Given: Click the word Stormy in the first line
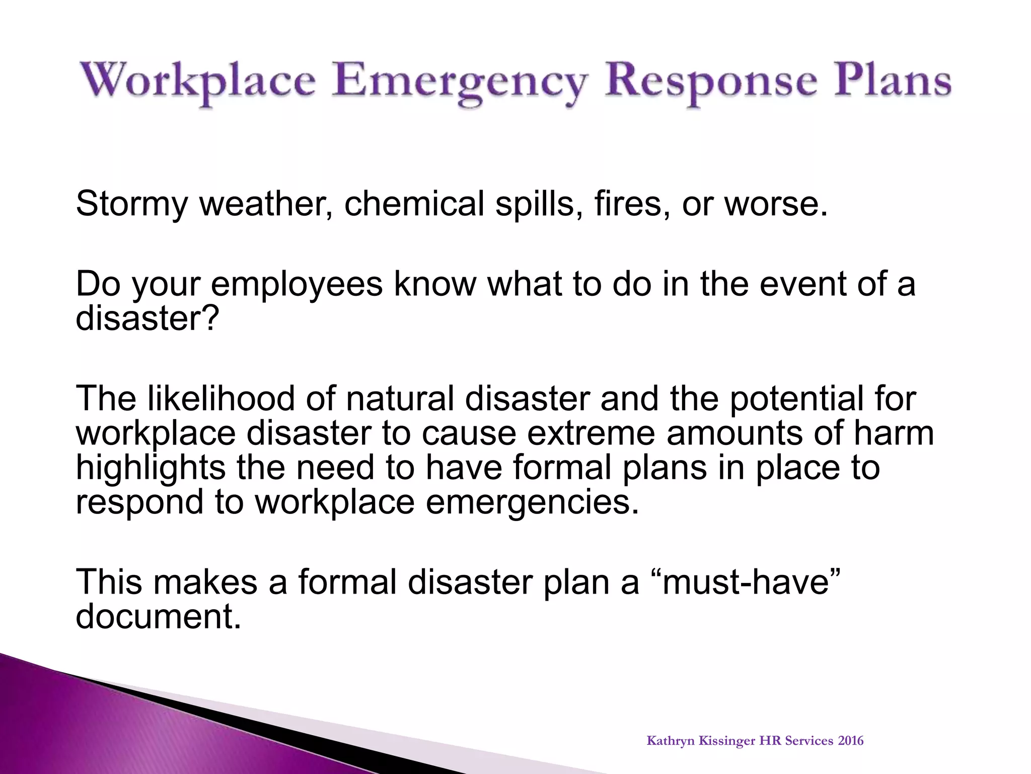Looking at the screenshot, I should click(x=132, y=204).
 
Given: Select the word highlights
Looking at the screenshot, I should click(x=150, y=468).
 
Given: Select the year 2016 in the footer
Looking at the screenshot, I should click(x=851, y=741).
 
